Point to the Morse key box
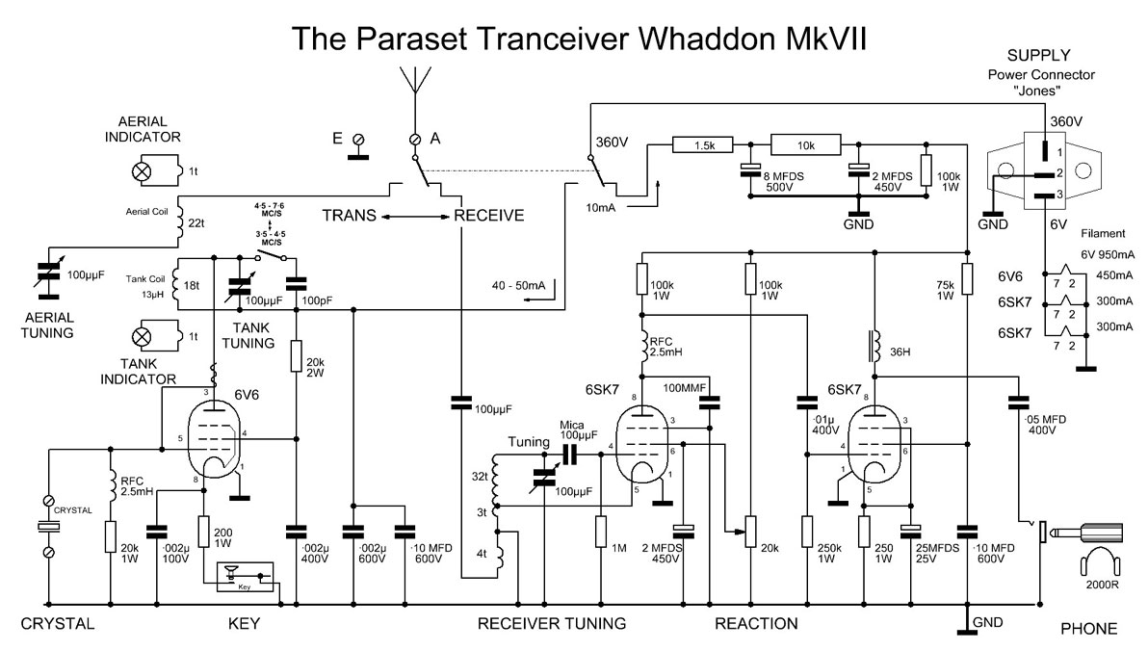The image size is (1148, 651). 245,576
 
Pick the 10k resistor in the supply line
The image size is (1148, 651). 805,145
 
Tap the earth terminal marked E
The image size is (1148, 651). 359,142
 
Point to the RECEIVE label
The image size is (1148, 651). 489,215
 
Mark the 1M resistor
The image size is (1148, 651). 600,532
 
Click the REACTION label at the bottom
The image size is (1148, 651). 756,624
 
